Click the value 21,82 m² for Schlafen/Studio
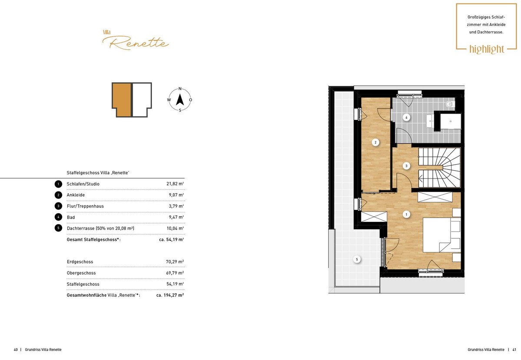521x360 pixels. click(175, 184)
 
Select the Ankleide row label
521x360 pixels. click(76, 195)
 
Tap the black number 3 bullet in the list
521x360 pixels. click(58, 206)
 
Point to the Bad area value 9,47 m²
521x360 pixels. click(176, 217)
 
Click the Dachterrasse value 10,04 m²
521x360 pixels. click(175, 228)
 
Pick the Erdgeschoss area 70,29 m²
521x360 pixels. click(175, 262)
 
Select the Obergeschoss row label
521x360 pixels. click(81, 273)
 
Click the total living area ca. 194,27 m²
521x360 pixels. click(170, 295)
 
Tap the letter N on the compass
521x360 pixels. click(180, 89)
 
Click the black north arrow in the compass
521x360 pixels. click(180, 99)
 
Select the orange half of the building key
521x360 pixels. click(122, 100)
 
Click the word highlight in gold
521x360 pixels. click(487, 49)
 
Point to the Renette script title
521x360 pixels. click(135, 43)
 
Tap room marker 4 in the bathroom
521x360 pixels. click(406, 118)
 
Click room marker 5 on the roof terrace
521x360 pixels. click(357, 259)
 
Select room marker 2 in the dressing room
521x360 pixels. click(376, 142)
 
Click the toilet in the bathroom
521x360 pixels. click(450, 105)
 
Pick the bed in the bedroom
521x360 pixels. click(442, 235)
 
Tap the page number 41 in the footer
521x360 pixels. click(514, 350)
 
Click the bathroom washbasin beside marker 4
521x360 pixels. click(430, 121)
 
